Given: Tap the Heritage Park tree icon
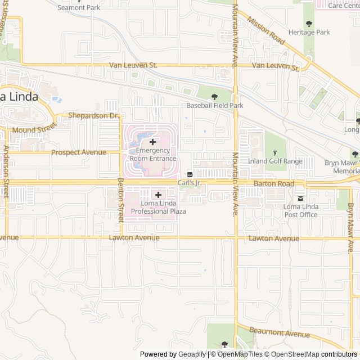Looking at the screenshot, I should (x=309, y=23).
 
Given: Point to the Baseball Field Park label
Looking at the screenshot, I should (x=215, y=105).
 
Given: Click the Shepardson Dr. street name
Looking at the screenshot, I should (x=94, y=115).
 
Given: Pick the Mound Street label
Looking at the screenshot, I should (x=31, y=130).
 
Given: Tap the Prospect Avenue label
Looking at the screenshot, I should (x=78, y=152).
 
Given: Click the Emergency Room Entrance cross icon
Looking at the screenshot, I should (x=152, y=142).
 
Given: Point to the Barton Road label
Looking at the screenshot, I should (x=274, y=184).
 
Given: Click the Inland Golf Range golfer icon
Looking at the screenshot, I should (x=275, y=152).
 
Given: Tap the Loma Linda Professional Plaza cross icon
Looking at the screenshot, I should (x=158, y=195).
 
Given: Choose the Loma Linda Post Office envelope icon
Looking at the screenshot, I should (x=301, y=198).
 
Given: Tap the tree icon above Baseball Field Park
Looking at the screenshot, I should (x=214, y=97).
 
